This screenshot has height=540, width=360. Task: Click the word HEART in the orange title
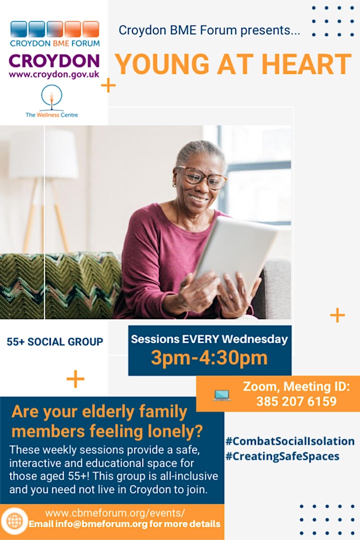coord(306,64)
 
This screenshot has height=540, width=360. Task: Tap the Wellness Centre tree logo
coord(51,98)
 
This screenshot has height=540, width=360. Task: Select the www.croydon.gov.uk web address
coord(54,74)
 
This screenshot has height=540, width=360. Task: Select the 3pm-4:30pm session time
coord(209,358)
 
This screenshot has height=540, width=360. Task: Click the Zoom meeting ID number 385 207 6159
coord(296,401)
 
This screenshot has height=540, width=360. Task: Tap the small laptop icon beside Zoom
coord(221,395)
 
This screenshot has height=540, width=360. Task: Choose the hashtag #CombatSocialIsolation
coord(289,441)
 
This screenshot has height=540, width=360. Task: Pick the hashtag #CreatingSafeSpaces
coord(282,456)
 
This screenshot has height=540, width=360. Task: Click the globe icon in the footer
coord(14,521)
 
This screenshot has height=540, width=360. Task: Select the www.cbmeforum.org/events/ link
coord(115,513)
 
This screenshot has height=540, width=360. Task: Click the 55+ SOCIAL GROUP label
coord(55,341)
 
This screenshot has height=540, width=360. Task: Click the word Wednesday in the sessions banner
coord(254,339)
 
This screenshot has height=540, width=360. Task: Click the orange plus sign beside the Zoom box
coord(337,315)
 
